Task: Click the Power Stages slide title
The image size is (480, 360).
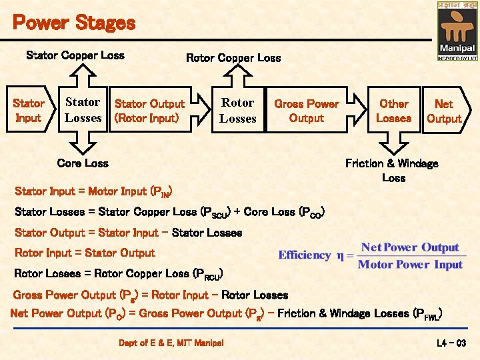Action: (74, 23)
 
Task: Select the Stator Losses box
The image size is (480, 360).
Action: (83, 110)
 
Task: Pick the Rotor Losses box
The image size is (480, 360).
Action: (238, 111)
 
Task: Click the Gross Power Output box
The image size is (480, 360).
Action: (307, 111)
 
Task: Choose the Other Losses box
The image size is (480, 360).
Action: (393, 111)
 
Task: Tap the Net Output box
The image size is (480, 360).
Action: (444, 111)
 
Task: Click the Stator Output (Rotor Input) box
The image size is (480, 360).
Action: (149, 111)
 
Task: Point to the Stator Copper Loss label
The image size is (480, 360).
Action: (75, 55)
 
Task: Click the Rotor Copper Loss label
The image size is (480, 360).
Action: (233, 58)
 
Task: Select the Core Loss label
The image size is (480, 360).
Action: (83, 163)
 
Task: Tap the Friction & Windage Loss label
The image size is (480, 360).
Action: (393, 170)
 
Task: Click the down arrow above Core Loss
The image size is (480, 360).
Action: (83, 144)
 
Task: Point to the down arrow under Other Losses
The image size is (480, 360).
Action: (393, 143)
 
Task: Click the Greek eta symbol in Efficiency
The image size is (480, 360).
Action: (341, 255)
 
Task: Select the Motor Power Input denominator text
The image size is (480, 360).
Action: (411, 265)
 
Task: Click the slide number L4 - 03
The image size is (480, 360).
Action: (451, 343)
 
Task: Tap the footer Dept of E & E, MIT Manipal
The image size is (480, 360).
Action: (171, 343)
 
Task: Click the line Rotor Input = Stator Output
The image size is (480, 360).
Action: (85, 253)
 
